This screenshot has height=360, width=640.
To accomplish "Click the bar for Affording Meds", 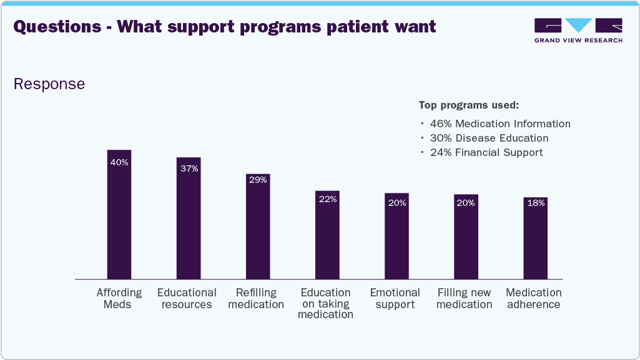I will [119, 218].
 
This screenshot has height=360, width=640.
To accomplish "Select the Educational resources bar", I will [189, 221].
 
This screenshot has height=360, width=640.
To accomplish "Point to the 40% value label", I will [119, 162].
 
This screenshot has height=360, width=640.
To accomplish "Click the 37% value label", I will [189, 168].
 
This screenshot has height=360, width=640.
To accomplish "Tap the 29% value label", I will [258, 180].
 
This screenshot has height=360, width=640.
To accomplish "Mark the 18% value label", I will [535, 203].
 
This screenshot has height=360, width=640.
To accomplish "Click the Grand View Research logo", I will [578, 30].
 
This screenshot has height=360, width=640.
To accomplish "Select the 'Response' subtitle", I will [49, 84].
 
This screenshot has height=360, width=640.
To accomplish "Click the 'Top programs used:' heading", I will [469, 105].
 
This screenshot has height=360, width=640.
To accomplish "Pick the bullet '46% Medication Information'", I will [500, 124].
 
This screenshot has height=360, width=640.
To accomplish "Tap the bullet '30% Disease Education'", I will [489, 138].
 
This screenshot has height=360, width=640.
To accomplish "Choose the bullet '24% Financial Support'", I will [486, 152].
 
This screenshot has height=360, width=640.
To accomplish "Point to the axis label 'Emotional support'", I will [395, 298].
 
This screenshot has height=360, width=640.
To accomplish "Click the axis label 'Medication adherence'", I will [534, 298].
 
